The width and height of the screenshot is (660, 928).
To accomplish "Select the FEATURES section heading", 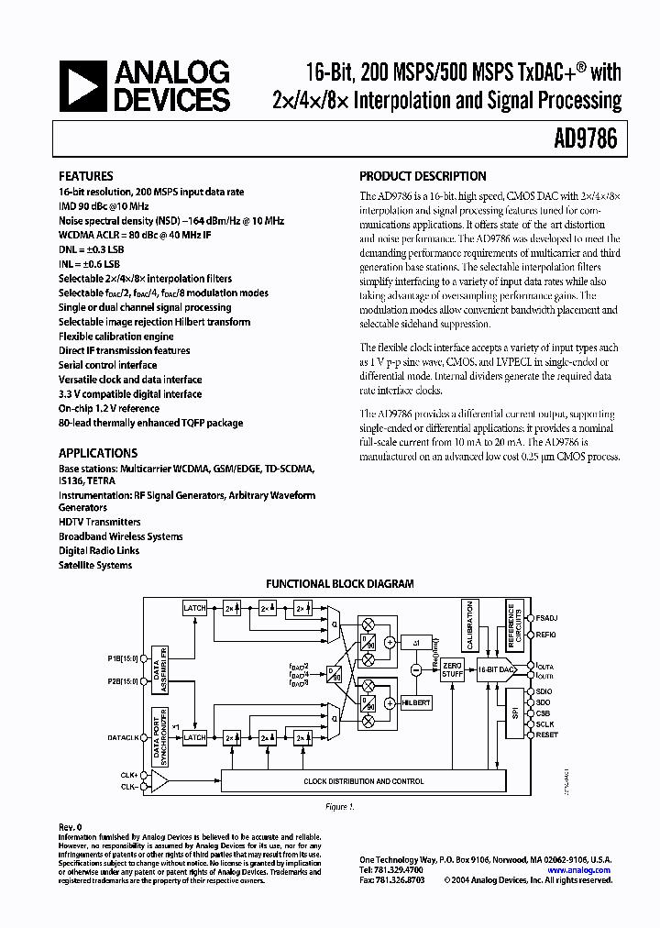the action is [86, 176].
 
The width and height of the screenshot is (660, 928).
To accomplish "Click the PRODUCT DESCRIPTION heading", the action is [423, 176].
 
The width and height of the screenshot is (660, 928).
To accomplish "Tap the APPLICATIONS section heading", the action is [98, 453].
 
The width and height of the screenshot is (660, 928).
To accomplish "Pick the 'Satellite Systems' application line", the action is [95, 565].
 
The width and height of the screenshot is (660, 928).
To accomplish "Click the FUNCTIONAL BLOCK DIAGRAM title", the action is [339, 584].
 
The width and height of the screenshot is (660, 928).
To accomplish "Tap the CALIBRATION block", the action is [469, 623].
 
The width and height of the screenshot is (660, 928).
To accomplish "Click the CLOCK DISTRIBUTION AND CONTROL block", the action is [363, 781].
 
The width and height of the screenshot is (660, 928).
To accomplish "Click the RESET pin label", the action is [546, 735].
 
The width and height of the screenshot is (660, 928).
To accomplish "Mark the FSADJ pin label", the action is [546, 616].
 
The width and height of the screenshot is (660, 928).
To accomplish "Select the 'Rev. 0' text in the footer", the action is [70, 826].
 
